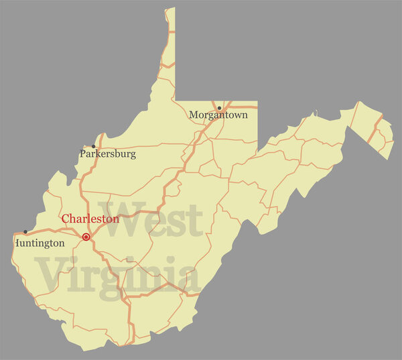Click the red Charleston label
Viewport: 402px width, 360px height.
(90, 219)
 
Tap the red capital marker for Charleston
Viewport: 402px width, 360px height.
(86, 237)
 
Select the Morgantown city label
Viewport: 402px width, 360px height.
(218, 115)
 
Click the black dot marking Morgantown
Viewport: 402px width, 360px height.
(219, 108)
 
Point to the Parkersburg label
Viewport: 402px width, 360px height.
(108, 154)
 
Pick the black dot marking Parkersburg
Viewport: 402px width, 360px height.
(93, 146)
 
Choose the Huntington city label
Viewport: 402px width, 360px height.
(40, 243)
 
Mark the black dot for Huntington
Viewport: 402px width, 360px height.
(25, 232)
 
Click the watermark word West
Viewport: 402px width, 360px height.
(150, 220)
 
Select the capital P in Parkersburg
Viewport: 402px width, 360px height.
(83, 154)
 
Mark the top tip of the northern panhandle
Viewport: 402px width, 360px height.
(171, 9)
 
